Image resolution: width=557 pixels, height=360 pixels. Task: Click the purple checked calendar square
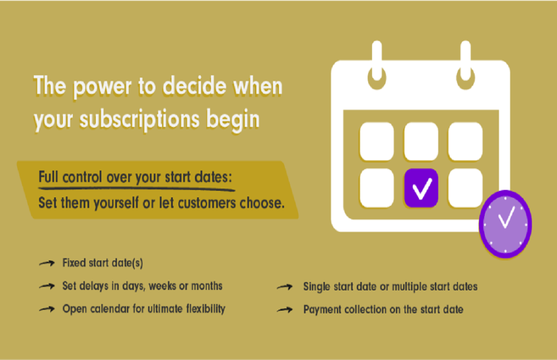[x=421, y=188]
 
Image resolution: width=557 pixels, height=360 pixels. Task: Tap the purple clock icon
[x=505, y=224]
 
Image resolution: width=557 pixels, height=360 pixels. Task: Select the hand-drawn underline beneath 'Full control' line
[x=136, y=189]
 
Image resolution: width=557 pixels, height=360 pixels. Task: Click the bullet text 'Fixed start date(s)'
[x=102, y=263]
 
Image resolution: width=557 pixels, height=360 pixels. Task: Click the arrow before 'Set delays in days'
[x=46, y=286]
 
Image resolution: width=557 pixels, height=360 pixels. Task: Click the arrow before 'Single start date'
[x=286, y=287]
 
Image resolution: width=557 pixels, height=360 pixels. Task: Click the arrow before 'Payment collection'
[x=286, y=310]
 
